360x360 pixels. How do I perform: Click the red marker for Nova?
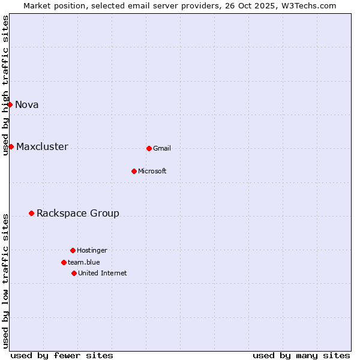pyautogui.click(x=10, y=104)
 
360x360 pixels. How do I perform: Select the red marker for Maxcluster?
pyautogui.click(x=11, y=146)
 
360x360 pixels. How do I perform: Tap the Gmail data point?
pyautogui.click(x=149, y=148)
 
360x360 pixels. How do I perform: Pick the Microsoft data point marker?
pyautogui.click(x=134, y=171)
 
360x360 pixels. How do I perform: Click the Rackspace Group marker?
pyautogui.click(x=31, y=213)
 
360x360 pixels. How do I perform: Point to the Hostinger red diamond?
pyautogui.click(x=73, y=250)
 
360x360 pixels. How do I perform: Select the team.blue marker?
pyautogui.click(x=64, y=262)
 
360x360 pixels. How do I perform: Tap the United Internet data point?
pyautogui.click(x=74, y=273)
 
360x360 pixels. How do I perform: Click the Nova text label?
pyautogui.click(x=27, y=104)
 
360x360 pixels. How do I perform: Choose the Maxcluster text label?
pyautogui.click(x=42, y=146)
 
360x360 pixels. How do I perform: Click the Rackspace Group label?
pyautogui.click(x=78, y=213)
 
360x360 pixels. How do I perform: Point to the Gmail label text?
pyautogui.click(x=162, y=148)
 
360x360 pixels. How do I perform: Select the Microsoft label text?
pyautogui.click(x=152, y=171)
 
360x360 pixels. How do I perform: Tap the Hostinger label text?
pyautogui.click(x=92, y=250)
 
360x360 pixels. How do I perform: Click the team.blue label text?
pyautogui.click(x=84, y=262)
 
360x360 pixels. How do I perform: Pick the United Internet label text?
pyautogui.click(x=103, y=273)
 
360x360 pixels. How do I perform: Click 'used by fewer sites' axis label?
pyautogui.click(x=62, y=355)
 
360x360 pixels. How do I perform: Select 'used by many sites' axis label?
pyautogui.click(x=301, y=355)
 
